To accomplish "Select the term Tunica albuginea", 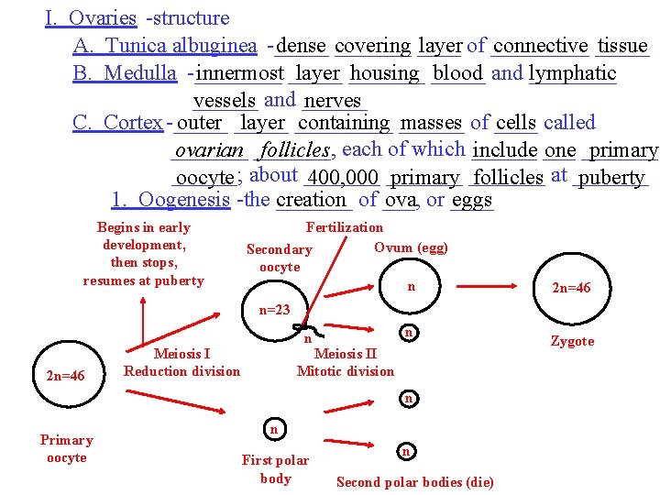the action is click(181, 45).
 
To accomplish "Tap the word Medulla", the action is click(140, 72).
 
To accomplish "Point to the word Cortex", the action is click(133, 122).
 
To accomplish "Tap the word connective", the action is click(540, 45).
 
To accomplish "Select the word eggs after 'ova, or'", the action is click(472, 200).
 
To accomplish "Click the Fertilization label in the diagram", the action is click(345, 227).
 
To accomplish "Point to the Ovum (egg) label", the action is click(412, 247).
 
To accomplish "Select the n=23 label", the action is click(274, 310).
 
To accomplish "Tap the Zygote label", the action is click(572, 341).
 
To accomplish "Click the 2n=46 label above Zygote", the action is click(570, 288).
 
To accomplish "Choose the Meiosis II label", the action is click(345, 354).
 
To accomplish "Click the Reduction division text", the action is click(181, 371).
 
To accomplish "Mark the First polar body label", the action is click(275, 468).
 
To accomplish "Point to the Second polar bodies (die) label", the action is click(415, 482).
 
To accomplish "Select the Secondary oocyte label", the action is click(280, 258).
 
